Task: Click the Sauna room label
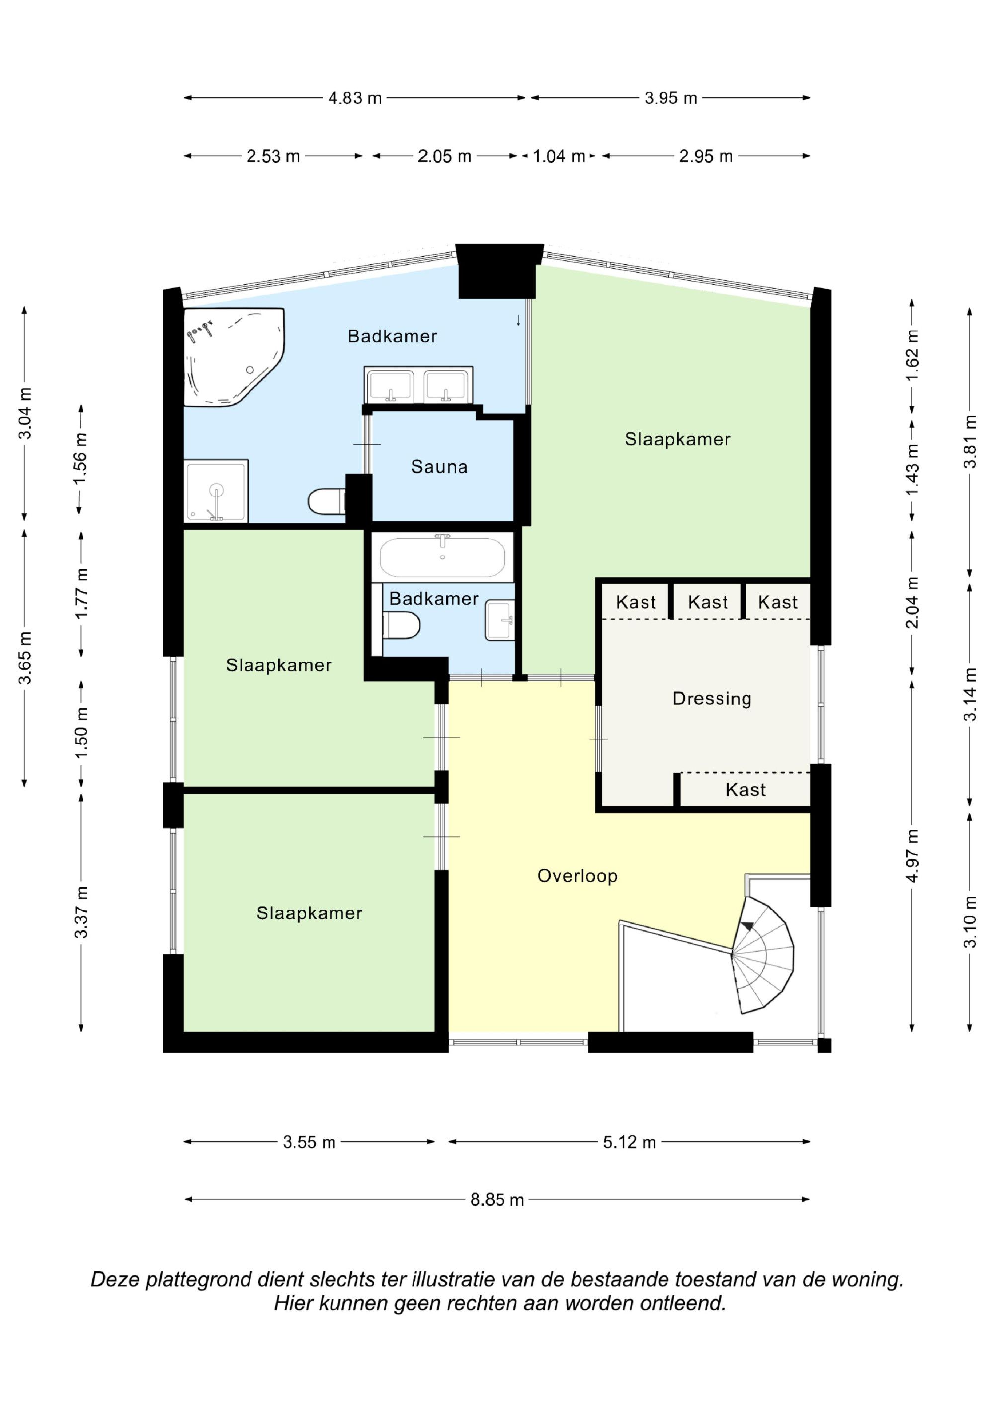tap(439, 467)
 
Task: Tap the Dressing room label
tap(712, 698)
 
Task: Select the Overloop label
tap(577, 876)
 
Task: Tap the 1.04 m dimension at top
tap(559, 156)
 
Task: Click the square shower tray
tap(216, 491)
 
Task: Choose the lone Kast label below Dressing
tap(745, 789)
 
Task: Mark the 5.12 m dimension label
tap(629, 1142)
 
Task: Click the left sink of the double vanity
tap(390, 386)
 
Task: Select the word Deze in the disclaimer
tap(115, 1279)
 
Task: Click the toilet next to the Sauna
tap(327, 501)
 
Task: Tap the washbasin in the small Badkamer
tap(500, 620)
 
